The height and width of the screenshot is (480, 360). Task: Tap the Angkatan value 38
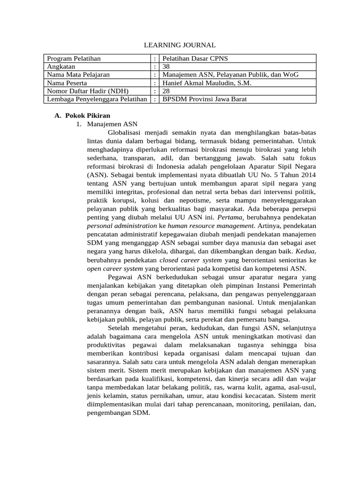point(166,67)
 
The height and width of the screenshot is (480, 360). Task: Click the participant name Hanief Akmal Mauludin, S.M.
point(206,83)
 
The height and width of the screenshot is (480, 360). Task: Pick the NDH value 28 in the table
point(166,91)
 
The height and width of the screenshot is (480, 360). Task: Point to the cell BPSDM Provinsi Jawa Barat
point(204,99)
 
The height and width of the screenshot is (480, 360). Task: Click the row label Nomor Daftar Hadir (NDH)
point(87,91)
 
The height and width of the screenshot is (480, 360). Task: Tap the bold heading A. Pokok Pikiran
point(82,115)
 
